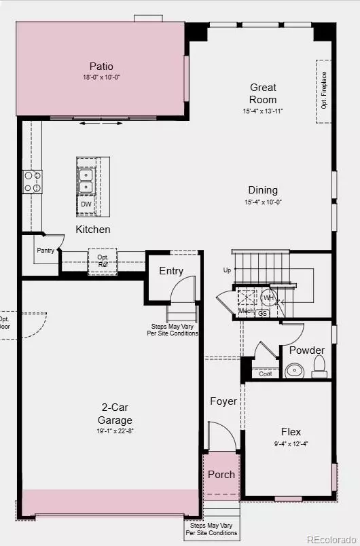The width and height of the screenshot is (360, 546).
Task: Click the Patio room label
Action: point(101,67)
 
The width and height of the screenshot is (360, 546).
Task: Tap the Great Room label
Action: point(262,93)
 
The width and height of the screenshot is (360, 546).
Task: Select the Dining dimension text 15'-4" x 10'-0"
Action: point(262,202)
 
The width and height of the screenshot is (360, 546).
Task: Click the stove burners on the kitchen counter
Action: point(32,181)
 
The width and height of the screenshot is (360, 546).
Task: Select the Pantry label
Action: point(45,251)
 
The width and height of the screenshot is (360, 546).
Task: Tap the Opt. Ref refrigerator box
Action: point(103,261)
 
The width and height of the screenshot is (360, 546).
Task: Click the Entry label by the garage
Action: point(171,271)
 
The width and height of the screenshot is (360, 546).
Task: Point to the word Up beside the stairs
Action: point(227,270)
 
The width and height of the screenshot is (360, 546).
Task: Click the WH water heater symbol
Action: point(268,297)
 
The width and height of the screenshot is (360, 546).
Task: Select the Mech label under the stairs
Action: point(245,312)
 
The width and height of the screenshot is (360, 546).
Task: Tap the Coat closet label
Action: point(265,374)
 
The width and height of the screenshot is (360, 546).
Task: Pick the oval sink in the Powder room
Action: point(294,371)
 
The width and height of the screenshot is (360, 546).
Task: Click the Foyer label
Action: point(223,401)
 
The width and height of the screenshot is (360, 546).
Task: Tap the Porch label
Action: point(221,475)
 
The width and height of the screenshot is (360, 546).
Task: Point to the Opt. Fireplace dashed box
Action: point(324,91)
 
